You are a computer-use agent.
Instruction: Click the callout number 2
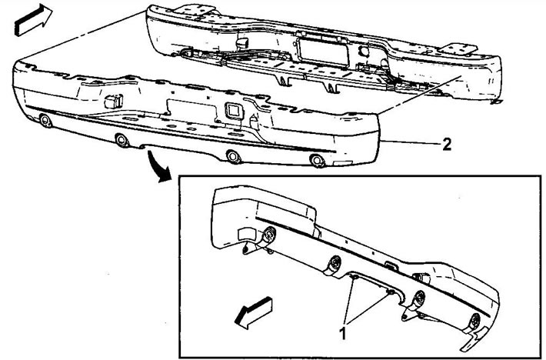coord(446,144)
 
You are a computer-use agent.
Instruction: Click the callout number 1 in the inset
coord(343,333)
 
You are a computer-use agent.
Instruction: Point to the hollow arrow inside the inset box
coord(253,312)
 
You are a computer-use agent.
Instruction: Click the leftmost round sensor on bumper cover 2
coord(45,121)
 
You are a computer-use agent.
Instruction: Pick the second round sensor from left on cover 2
coord(122,140)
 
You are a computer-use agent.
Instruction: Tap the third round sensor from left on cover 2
coord(233,156)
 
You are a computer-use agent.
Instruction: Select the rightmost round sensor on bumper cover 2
coord(317,160)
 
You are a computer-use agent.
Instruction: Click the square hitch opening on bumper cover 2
coord(234,111)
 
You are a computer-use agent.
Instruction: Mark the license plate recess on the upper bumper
coord(323,52)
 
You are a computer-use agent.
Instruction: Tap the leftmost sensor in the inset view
coord(268,235)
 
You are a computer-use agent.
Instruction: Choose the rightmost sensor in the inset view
coord(474,320)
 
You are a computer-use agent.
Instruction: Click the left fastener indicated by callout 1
coord(355,277)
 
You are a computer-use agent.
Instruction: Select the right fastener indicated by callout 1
coord(391,292)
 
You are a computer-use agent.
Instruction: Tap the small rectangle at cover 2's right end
coord(343,163)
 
